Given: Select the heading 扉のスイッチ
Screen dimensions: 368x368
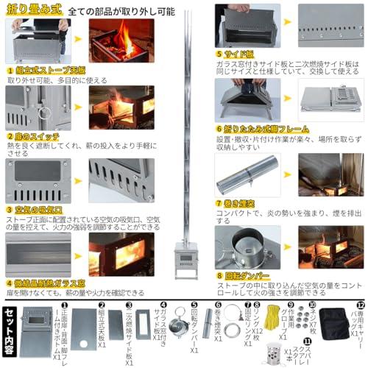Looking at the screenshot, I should (38, 136).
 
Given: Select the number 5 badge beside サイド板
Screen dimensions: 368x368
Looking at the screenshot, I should (219, 54).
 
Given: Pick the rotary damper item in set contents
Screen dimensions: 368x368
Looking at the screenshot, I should (177, 325).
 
